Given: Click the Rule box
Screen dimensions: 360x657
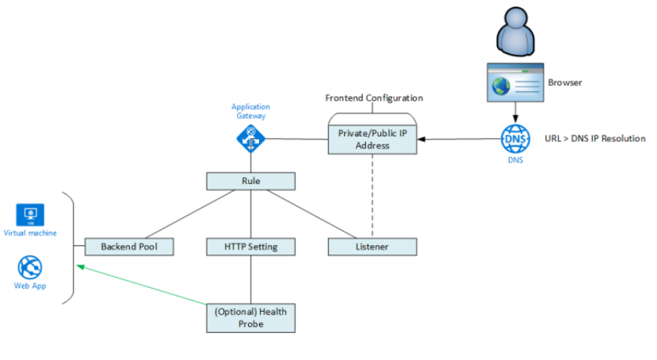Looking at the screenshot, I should pos(250,182).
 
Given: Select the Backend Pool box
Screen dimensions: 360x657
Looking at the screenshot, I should pos(129,247).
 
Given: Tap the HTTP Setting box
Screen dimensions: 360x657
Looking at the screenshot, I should pos(250,247).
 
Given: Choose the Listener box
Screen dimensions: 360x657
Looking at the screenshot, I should pos(372,247).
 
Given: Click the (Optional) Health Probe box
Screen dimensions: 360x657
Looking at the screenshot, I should pos(250,317).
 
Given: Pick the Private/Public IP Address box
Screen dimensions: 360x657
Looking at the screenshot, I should pos(372,140).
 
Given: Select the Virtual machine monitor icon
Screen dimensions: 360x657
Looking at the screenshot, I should pos(30,215).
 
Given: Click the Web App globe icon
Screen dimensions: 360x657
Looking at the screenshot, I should pos(30,267).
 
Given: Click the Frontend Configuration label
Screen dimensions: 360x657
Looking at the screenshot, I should pos(373,98).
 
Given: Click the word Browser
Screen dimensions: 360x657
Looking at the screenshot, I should pos(564,82).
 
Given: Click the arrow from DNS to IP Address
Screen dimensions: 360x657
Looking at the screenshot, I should pos(460,140).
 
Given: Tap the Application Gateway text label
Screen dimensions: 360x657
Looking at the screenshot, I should pos(250,111).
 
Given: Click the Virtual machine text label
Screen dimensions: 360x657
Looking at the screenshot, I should pos(30,233).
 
